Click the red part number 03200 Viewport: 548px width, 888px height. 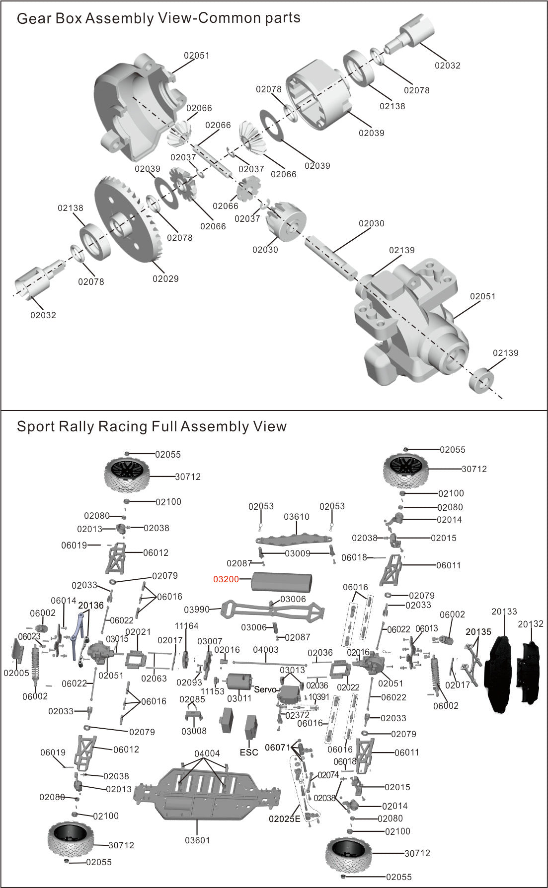click(x=226, y=579)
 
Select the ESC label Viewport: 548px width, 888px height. click(x=249, y=752)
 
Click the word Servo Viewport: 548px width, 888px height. click(x=265, y=689)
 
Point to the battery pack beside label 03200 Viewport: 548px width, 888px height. click(x=282, y=581)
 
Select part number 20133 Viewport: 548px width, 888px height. click(x=504, y=612)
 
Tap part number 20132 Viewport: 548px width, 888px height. click(x=531, y=624)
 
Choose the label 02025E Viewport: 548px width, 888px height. click(x=285, y=819)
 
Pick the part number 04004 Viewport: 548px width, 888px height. click(x=207, y=753)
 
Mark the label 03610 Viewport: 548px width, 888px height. click(x=297, y=517)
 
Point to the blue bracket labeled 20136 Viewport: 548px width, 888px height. click(x=78, y=638)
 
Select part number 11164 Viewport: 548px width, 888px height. click(x=187, y=626)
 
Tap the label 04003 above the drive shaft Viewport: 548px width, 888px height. click(x=266, y=650)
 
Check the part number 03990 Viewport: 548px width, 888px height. click(x=196, y=610)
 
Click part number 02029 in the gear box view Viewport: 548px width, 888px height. click(x=165, y=278)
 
